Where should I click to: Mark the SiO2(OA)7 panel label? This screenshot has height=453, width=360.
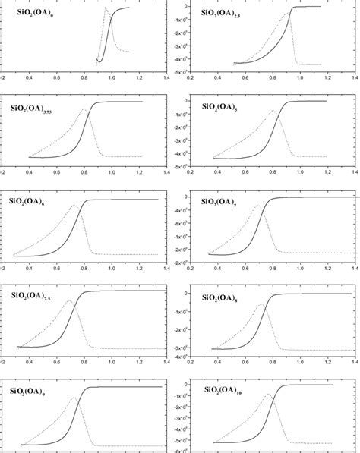pyautogui.click(x=221, y=201)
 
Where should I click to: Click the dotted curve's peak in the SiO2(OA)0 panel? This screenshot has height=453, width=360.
pyautogui.click(x=105, y=8)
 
